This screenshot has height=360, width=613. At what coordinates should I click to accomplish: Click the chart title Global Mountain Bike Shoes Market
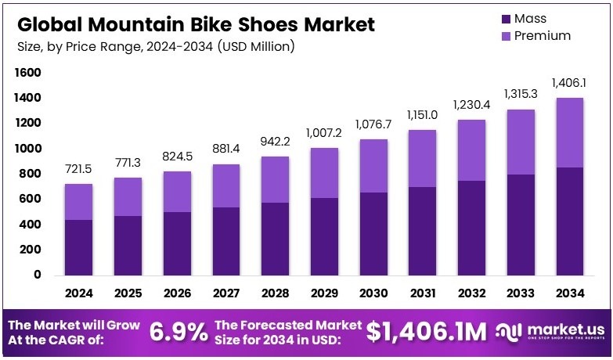pyautogui.click(x=195, y=23)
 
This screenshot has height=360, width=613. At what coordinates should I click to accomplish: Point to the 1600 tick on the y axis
pyautogui.click(x=27, y=73)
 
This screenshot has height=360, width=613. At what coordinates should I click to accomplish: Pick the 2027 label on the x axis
pyautogui.click(x=226, y=293)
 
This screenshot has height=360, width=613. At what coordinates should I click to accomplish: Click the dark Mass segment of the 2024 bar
pyautogui.click(x=80, y=247)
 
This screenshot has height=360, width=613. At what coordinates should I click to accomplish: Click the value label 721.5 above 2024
pyautogui.click(x=80, y=170)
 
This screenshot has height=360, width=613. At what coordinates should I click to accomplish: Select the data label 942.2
pyautogui.click(x=274, y=142)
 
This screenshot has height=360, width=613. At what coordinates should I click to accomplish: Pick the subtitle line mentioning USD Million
pyautogui.click(x=156, y=47)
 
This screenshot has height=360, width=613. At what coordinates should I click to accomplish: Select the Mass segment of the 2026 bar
pyautogui.click(x=178, y=243)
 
